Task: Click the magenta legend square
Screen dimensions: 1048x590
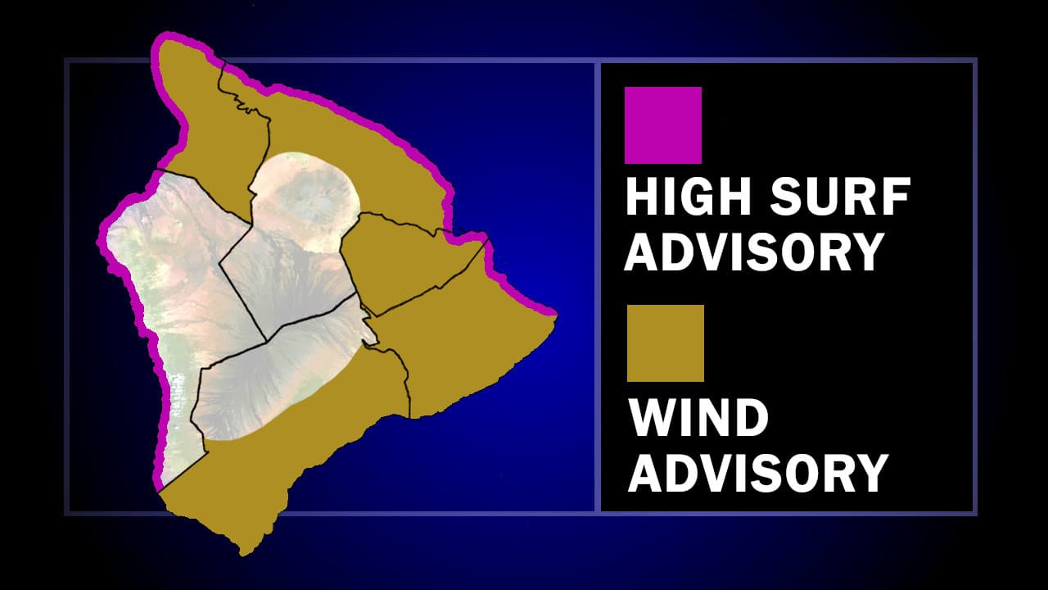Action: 662,125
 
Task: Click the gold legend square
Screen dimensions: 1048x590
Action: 665,343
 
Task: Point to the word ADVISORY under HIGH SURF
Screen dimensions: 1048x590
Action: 753,252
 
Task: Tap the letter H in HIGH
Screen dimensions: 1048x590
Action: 639,198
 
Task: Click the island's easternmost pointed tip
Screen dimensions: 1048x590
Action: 556,315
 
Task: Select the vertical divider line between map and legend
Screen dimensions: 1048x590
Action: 599,287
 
